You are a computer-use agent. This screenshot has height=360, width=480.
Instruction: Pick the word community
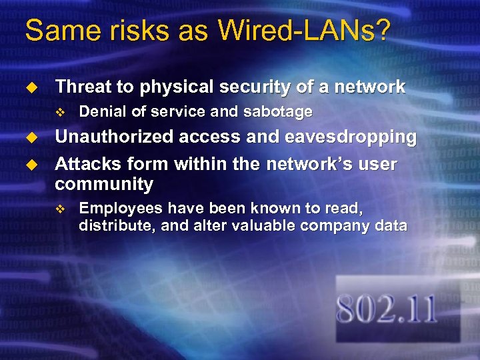pyautogui.click(x=104, y=184)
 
